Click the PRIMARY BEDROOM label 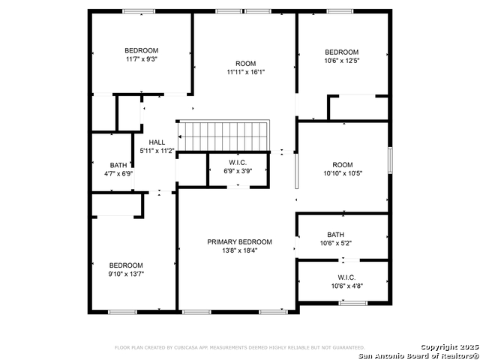pyautogui.click(x=239, y=241)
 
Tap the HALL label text pyautogui.click(x=157, y=142)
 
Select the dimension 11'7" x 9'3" pyautogui.click(x=142, y=59)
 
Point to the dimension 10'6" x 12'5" pyautogui.click(x=342, y=61)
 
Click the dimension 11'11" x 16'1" pyautogui.click(x=245, y=72)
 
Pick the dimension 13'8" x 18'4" pyautogui.click(x=240, y=250)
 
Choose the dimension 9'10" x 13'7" pyautogui.click(x=126, y=274)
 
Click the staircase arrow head pyautogui.click(x=179, y=136)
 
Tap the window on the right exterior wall pyautogui.click(x=390, y=160)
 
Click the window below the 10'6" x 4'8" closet pyautogui.click(x=352, y=303)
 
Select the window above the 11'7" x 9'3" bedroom pyautogui.click(x=139, y=11)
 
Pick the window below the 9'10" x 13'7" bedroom pyautogui.click(x=122, y=312)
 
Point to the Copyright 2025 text pyautogui.click(x=449, y=347)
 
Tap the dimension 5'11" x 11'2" pyautogui.click(x=157, y=151)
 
